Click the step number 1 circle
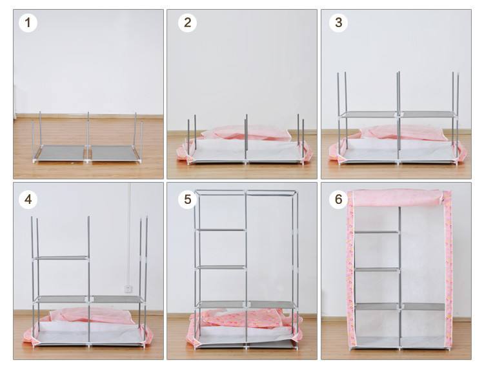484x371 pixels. [28, 23]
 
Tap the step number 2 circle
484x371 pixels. [187, 23]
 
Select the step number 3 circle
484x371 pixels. [338, 23]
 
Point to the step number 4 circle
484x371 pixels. [28, 199]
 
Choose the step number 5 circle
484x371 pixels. [187, 199]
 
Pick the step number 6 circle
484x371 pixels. [338, 199]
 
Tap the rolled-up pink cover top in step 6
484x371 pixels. [398, 197]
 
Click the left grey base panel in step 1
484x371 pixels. [60, 153]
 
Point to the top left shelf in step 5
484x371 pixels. [221, 230]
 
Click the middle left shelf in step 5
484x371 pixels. [221, 267]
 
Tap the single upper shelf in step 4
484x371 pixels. [63, 258]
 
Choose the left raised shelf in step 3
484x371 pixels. [368, 114]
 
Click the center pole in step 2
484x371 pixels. [246, 138]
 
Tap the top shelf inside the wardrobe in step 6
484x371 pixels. [377, 232]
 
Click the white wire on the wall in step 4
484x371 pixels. [129, 234]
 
